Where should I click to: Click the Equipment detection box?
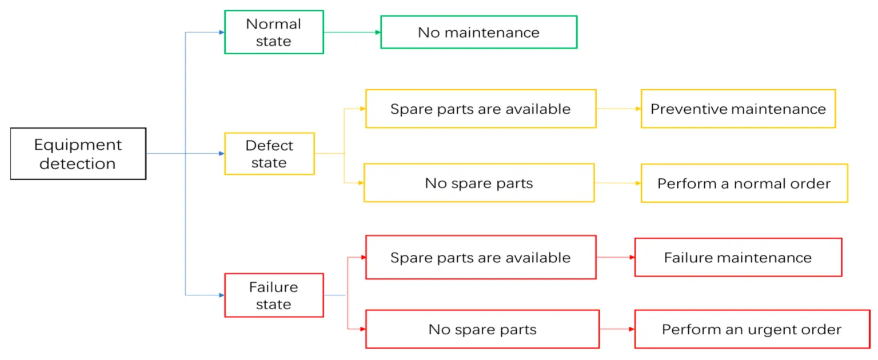coord(78,154)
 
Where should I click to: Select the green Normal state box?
coord(274,33)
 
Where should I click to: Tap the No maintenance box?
coord(478,33)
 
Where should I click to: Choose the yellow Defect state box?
coord(269,154)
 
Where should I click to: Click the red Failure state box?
coord(274,295)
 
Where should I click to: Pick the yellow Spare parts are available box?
coord(480,109)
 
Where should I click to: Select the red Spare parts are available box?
coord(480,258)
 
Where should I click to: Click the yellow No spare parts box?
coord(478,183)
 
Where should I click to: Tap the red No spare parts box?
coord(482,330)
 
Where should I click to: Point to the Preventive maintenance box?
coord(738,109)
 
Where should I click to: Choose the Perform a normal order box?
coord(744,183)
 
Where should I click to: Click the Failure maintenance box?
coord(738,258)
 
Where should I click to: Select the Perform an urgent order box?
coord(752,330)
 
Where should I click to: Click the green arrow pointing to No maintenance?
coord(352,33)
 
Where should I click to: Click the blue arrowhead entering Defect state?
coord(221,154)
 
